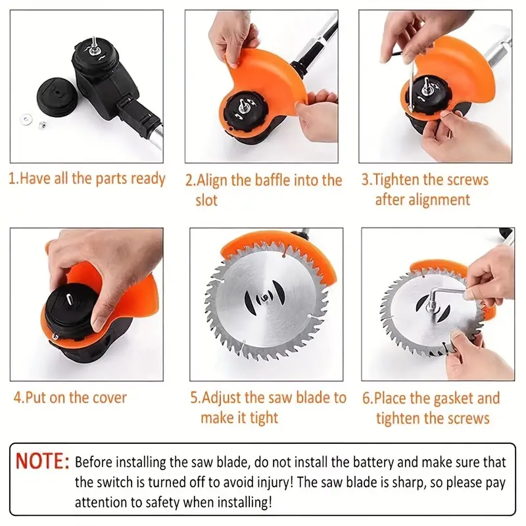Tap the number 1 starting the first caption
[11, 179]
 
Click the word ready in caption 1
[149, 179]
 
